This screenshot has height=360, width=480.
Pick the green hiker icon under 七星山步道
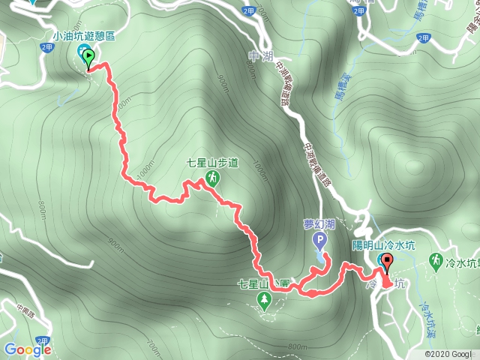click(213, 178)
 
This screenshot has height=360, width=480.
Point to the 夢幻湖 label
click(319, 223)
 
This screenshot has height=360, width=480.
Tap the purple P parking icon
click(319, 241)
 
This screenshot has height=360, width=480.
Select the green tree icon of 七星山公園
click(264, 300)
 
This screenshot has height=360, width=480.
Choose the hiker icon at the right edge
click(434, 260)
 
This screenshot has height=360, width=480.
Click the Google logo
click(27, 349)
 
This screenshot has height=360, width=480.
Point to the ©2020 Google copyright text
click(449, 353)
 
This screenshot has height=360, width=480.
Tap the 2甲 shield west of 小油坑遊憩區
click(46, 46)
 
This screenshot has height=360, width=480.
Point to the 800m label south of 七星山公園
click(298, 346)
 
